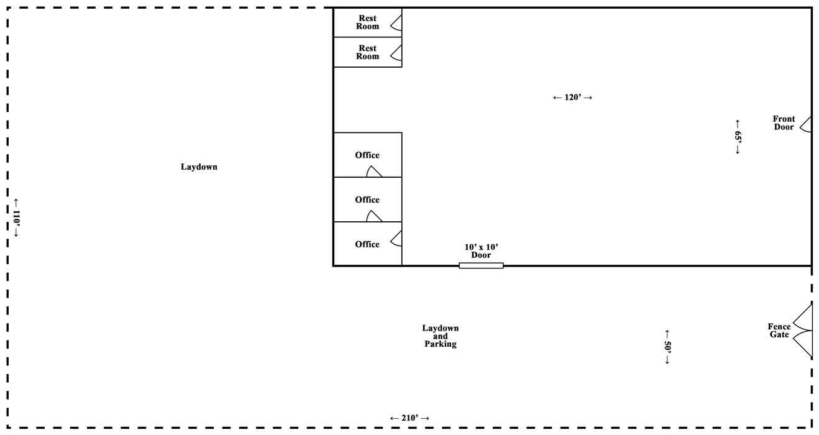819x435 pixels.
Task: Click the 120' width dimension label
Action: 572,98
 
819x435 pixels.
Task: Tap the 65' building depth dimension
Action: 738,137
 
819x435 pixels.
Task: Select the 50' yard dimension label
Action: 667,347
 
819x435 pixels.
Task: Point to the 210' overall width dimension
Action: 409,418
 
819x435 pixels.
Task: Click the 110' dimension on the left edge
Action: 17,218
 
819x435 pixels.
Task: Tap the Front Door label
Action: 784,123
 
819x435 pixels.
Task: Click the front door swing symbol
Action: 806,124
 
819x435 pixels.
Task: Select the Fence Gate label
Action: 779,331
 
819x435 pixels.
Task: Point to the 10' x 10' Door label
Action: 481,251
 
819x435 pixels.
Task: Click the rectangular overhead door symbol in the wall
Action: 481,265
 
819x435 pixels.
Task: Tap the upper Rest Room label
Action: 367,22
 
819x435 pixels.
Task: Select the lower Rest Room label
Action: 367,52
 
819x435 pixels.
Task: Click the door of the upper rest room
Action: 396,23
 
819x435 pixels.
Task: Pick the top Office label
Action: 367,155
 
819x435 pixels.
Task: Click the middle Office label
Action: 367,200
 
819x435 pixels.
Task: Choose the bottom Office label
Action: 367,244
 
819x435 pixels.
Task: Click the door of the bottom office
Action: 396,238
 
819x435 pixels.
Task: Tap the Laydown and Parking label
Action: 441,336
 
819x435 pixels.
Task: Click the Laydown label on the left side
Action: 199,167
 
